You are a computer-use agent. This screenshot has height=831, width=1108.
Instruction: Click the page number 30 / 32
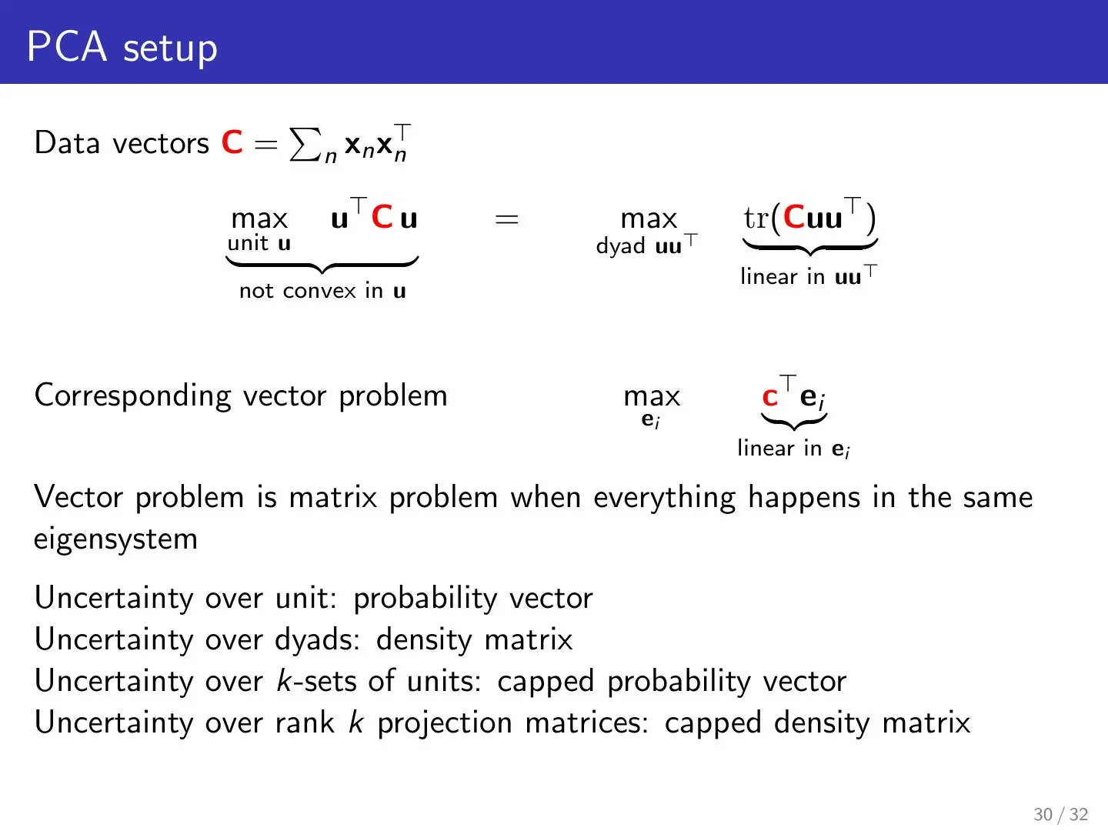[x=1060, y=814]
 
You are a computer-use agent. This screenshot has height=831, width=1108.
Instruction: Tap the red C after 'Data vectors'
[x=232, y=142]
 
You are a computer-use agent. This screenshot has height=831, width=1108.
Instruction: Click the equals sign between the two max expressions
[x=506, y=219]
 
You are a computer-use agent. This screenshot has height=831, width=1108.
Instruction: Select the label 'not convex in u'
[x=322, y=291]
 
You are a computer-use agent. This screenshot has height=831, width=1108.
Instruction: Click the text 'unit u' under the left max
[x=259, y=244]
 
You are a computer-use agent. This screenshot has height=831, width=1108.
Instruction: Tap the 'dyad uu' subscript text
[x=646, y=245]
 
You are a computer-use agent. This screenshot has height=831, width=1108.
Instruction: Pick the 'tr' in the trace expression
[x=756, y=218]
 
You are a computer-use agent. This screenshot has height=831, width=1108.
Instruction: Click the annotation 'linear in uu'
[x=808, y=275]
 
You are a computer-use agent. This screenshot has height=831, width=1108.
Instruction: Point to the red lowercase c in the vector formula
[x=769, y=396]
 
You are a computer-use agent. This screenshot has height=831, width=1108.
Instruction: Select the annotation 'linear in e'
[x=793, y=448]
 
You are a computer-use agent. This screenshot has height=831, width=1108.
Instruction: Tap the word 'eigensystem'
[x=115, y=539]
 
